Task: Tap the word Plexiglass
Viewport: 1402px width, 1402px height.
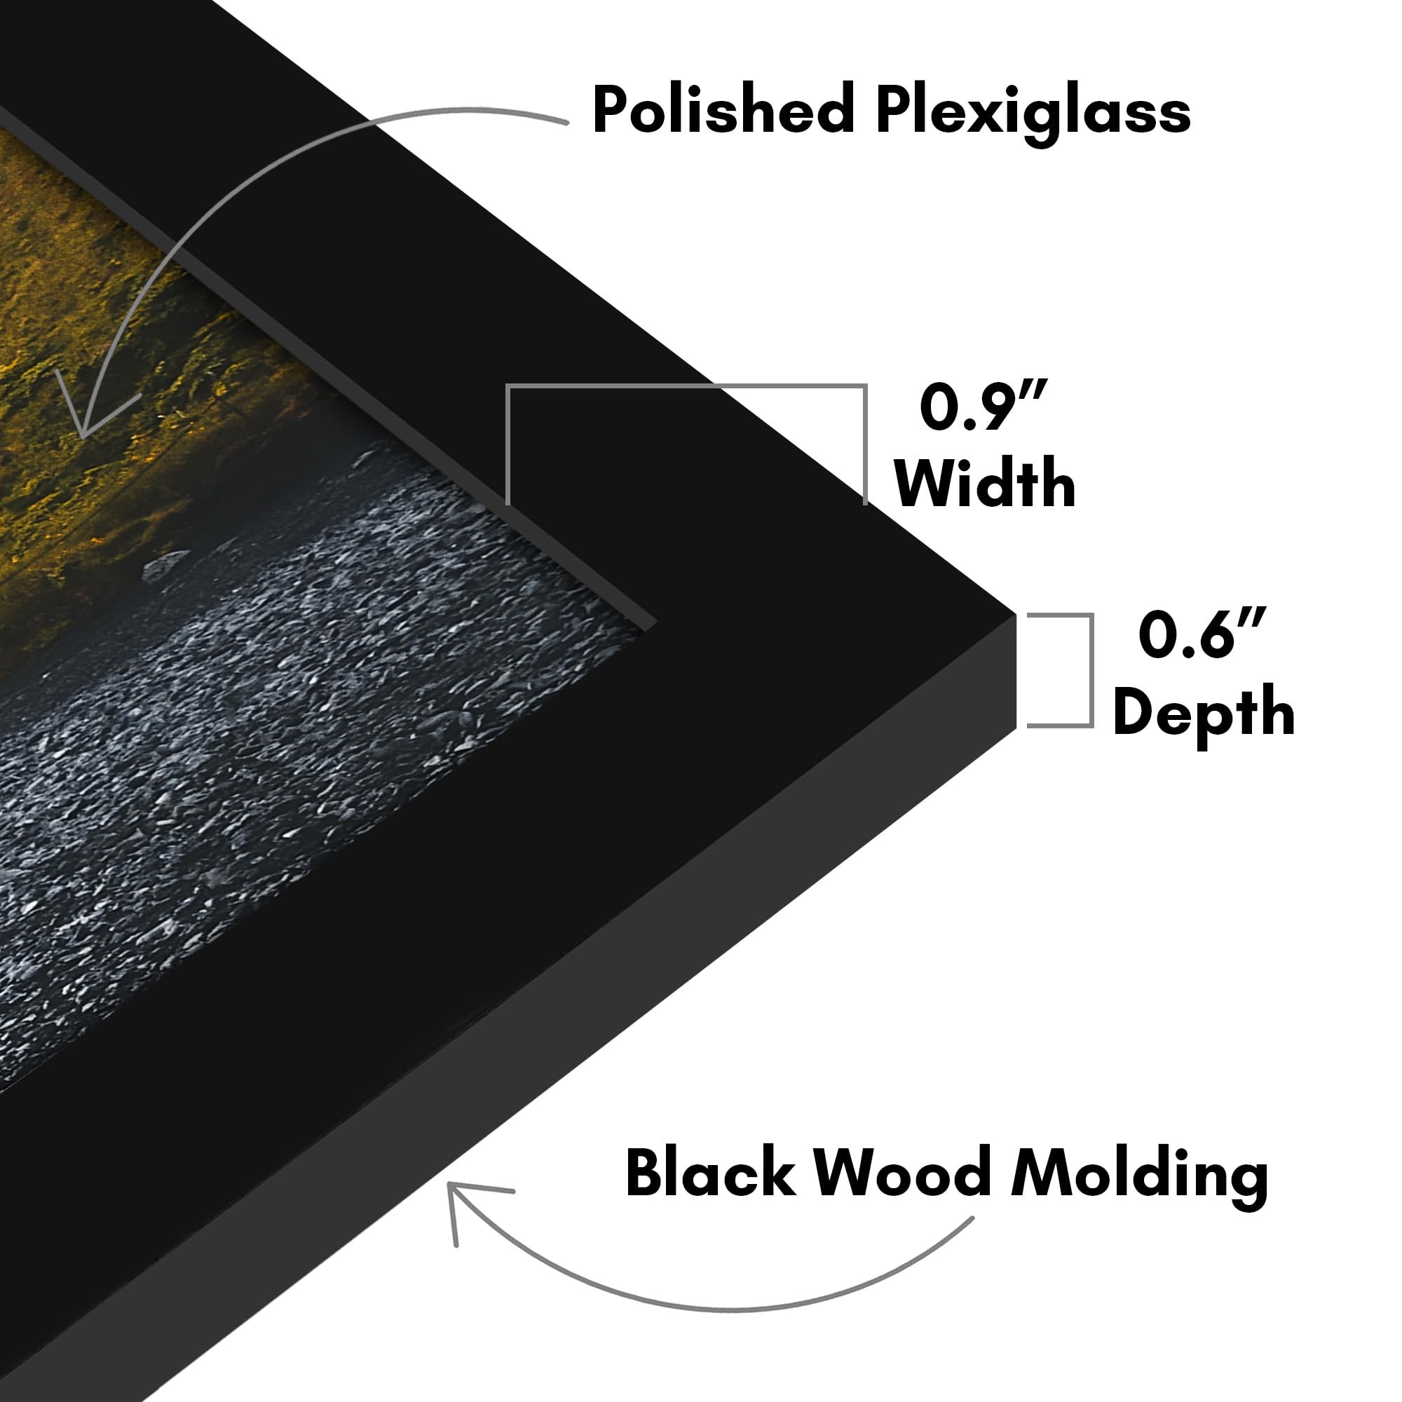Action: [x=1033, y=114]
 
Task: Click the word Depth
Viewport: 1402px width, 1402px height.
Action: [x=1204, y=714]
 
